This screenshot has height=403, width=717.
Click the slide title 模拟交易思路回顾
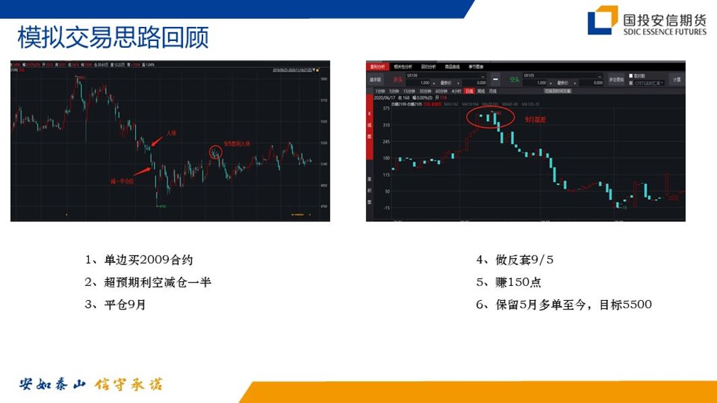tap(112, 38)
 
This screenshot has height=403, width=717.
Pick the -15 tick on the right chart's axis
tap(385, 208)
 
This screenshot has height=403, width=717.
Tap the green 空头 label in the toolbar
tap(514, 79)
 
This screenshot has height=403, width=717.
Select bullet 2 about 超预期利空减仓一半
tap(148, 283)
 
